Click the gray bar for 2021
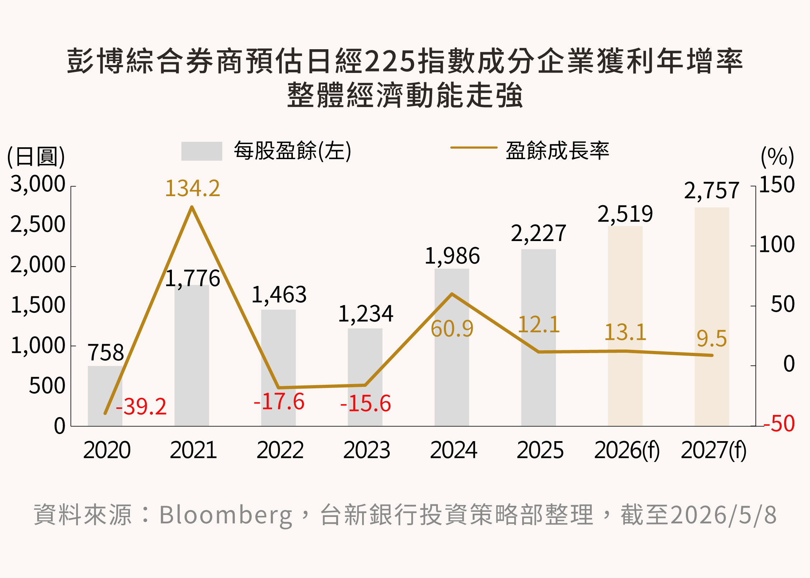[192, 356]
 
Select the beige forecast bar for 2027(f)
[712, 317]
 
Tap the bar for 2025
[538, 338]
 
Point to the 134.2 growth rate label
[192, 188]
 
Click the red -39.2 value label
[141, 407]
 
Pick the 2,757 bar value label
[712, 190]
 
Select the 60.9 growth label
[452, 328]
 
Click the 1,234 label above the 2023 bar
[366, 314]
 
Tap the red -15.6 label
[365, 403]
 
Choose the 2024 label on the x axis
[454, 450]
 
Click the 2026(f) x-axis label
[627, 450]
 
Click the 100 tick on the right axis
[777, 245]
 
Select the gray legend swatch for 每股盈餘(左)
[202, 151]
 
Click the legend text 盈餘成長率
[557, 150]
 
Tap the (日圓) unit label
[36, 157]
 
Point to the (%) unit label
[777, 157]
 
